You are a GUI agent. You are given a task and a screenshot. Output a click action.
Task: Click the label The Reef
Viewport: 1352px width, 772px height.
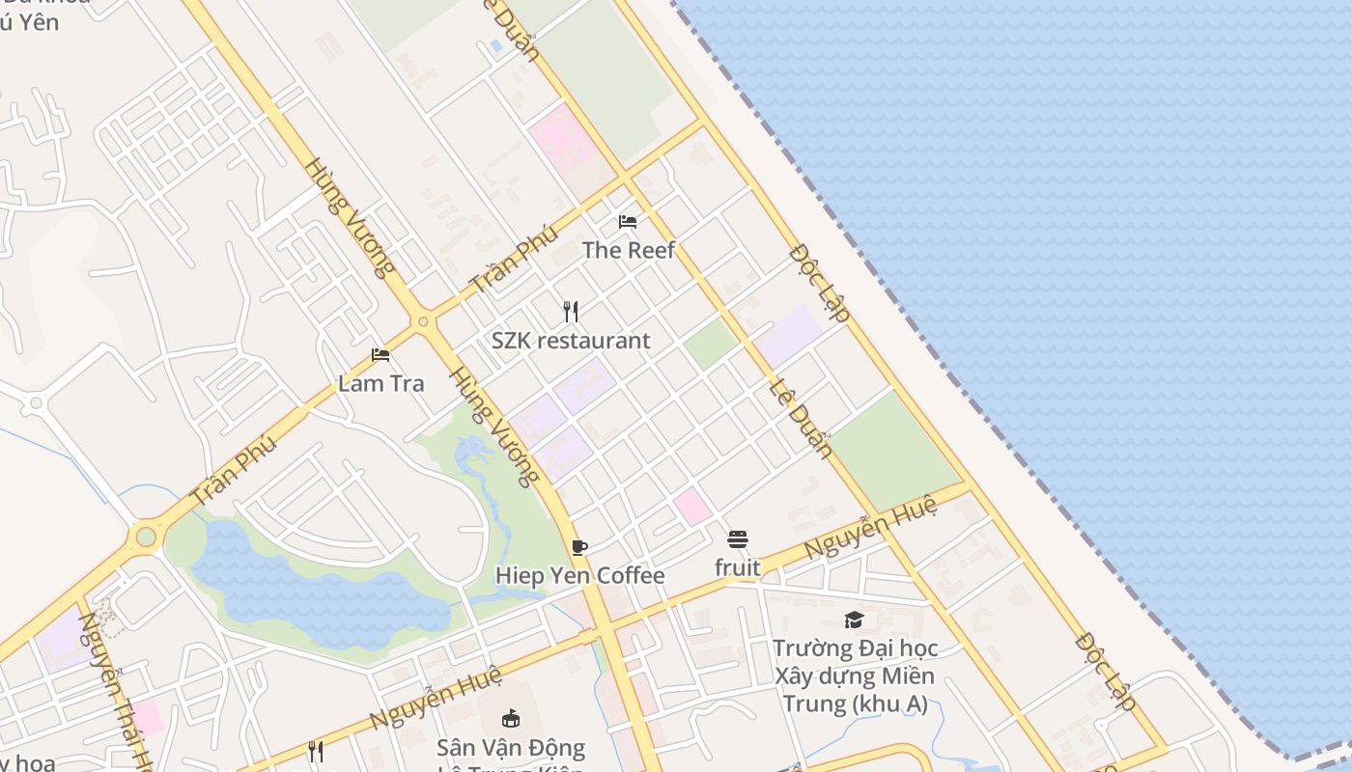click(628, 250)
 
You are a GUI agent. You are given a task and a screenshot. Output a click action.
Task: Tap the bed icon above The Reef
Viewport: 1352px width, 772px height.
click(628, 222)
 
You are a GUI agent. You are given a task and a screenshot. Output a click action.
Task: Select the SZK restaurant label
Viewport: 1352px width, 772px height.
click(571, 341)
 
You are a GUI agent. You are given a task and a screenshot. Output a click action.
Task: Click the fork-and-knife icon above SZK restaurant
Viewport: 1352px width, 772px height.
click(571, 312)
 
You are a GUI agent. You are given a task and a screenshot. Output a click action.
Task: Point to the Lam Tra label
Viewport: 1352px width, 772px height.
click(380, 383)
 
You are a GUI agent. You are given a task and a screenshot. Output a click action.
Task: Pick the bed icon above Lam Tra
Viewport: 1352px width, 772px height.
click(380, 355)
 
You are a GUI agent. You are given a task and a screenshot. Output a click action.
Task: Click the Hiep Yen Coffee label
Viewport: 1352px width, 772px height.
click(579, 576)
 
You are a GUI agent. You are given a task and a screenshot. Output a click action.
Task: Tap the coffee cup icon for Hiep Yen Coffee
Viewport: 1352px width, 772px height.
click(579, 548)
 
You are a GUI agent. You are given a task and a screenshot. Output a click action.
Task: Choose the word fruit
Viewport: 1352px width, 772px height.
click(738, 567)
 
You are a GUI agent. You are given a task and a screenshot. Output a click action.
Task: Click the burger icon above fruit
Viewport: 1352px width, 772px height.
click(738, 539)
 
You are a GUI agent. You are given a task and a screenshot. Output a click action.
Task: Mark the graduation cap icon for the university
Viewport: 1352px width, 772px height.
click(854, 620)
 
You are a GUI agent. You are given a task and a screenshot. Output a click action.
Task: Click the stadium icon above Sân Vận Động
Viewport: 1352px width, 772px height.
click(511, 719)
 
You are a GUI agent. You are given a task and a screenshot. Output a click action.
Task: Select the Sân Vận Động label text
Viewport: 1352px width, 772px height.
click(511, 748)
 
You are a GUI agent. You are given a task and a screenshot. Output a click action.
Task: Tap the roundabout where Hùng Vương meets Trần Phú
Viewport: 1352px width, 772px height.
click(423, 321)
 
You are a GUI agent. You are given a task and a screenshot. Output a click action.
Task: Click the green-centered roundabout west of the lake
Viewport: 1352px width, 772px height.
click(146, 536)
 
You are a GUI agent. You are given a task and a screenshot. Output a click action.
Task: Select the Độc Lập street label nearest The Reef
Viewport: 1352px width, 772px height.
click(820, 283)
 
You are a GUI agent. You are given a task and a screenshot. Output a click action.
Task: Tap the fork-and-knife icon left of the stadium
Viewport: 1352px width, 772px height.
click(316, 751)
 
